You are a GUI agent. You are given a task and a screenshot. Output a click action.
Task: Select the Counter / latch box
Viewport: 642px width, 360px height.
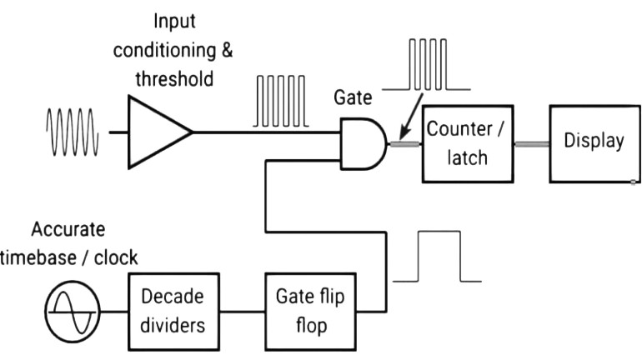tap(467, 142)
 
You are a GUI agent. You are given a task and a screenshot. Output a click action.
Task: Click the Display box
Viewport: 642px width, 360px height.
tap(593, 142)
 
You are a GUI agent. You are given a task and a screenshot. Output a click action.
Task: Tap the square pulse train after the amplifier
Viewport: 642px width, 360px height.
tap(281, 101)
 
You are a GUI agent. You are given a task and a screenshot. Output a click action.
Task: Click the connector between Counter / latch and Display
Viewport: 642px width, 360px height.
tap(530, 143)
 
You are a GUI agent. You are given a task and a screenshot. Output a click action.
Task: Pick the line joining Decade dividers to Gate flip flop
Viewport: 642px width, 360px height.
tap(243, 312)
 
